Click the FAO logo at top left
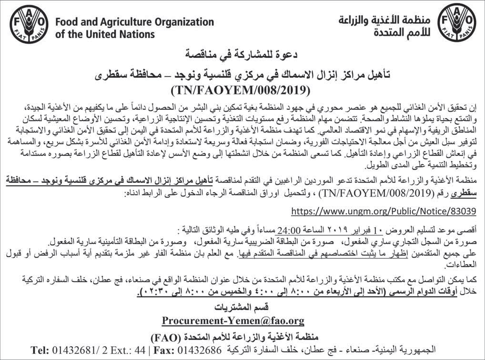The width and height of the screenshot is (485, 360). tap(28, 22)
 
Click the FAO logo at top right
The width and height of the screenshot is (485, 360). tap(457, 22)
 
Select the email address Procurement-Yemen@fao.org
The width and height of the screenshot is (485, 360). tap(233, 319)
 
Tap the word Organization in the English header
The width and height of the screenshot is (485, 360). tap(184, 22)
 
